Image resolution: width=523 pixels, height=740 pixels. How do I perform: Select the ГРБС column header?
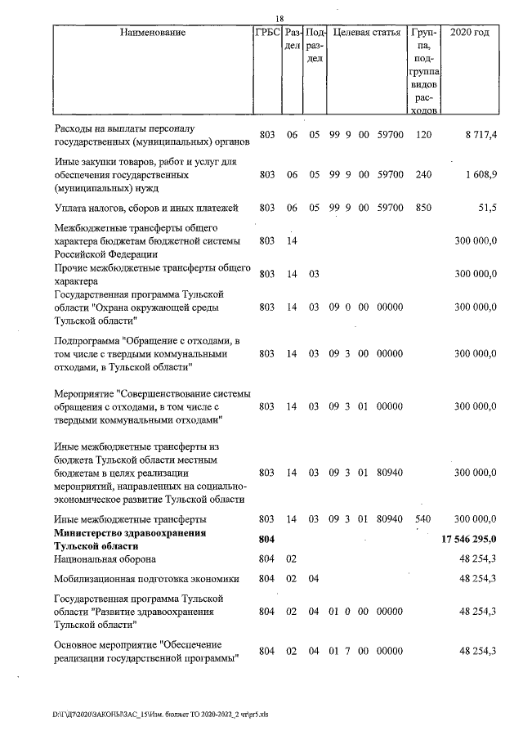coord(267,34)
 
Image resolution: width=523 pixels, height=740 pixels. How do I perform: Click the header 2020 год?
coord(470,34)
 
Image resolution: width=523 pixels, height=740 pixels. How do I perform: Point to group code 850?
coord(423,208)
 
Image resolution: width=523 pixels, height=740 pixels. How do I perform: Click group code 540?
coord(423,519)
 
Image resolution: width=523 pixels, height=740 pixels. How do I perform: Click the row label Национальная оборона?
coord(105,559)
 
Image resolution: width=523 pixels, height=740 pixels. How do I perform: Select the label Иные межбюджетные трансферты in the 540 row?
coord(130,519)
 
